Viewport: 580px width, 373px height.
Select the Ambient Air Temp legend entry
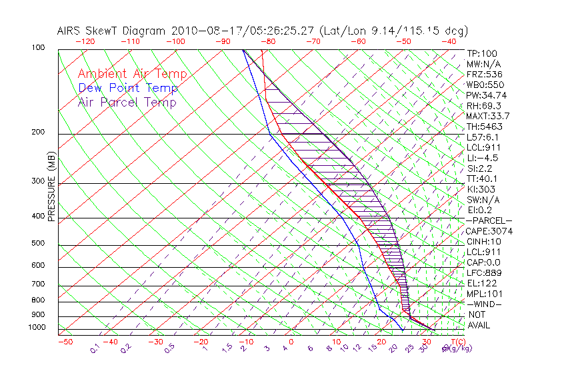[x=132, y=74]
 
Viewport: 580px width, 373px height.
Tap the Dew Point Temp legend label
[x=128, y=88]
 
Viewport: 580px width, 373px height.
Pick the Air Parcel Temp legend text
[x=127, y=102]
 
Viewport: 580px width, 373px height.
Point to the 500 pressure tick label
[x=39, y=244]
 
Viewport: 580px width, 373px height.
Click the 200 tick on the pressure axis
[x=39, y=133]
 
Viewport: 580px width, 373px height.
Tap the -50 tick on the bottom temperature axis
[x=65, y=342]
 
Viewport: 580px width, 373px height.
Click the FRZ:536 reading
[x=481, y=75]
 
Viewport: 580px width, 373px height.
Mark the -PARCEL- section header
[x=489, y=220]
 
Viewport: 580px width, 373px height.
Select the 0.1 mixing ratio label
[x=95, y=348]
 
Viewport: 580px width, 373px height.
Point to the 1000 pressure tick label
[x=37, y=328]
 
